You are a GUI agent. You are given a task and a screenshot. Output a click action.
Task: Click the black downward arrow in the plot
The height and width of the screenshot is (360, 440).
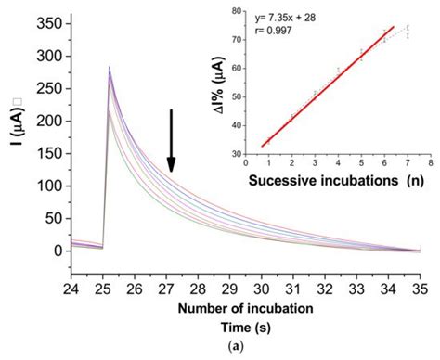pyautogui.click(x=170, y=140)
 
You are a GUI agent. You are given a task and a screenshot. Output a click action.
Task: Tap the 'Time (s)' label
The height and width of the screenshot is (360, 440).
pyautogui.click(x=245, y=327)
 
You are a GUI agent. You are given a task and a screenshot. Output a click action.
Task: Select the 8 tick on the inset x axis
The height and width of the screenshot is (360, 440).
pyautogui.click(x=431, y=161)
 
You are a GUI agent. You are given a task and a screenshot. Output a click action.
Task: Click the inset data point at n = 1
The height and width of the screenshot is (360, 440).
pyautogui.click(x=268, y=140)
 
